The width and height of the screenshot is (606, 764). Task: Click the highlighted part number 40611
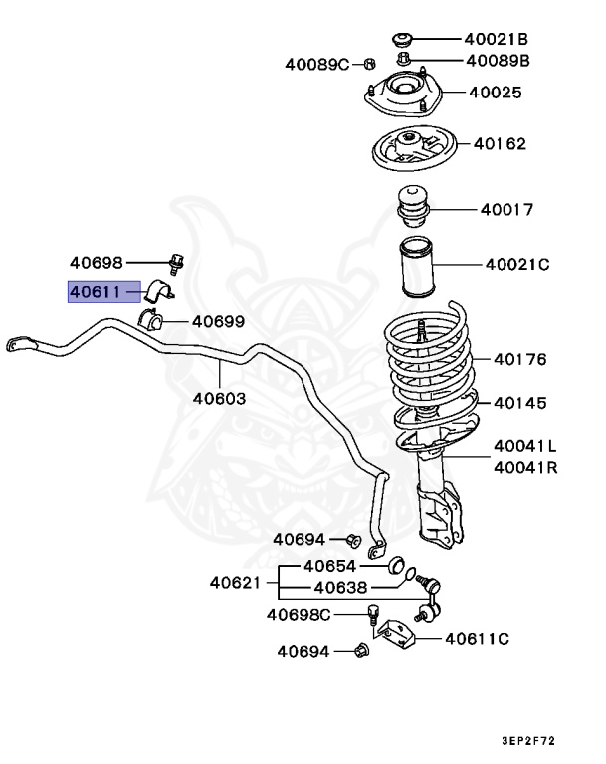point(95,292)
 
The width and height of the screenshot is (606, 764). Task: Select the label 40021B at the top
point(496,40)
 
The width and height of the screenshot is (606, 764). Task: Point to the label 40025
point(496,94)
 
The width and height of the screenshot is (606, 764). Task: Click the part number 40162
point(500,144)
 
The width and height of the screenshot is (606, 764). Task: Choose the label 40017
point(506,210)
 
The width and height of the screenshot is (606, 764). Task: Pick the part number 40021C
point(516,265)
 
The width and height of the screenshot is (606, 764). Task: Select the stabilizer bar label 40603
point(219,398)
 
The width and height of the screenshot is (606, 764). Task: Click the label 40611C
point(476,638)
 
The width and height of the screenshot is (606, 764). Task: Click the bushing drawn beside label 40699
point(151,321)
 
